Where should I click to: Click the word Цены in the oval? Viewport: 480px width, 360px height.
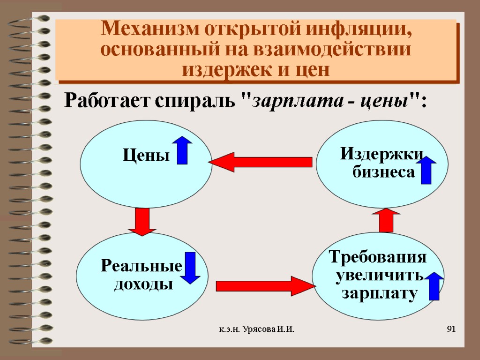click(146, 155)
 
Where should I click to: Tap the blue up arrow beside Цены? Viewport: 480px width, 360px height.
click(182, 150)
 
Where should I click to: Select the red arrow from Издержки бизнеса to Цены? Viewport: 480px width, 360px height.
click(261, 162)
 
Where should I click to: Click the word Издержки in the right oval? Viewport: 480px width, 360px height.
click(382, 153)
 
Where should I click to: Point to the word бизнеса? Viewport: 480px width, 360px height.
click(383, 172)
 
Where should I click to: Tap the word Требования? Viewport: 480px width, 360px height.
click(378, 257)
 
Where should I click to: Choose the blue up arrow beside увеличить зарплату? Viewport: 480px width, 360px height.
click(434, 285)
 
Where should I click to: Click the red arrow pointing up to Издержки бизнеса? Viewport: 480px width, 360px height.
click(387, 220)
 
